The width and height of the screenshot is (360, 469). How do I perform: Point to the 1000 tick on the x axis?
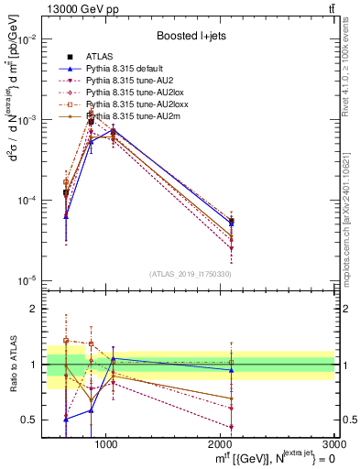(105, 442)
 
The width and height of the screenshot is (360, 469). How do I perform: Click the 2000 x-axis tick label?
(220, 442)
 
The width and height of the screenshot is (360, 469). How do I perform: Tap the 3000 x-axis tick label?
(333, 442)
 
